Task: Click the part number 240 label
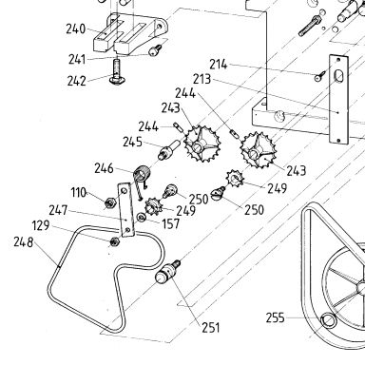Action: click(x=76, y=29)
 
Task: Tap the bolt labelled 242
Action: click(x=117, y=72)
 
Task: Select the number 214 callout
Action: click(x=219, y=65)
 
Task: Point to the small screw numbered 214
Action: click(x=320, y=76)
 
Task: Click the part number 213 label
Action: click(x=202, y=79)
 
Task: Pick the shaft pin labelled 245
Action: click(x=168, y=149)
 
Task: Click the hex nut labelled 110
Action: click(x=109, y=202)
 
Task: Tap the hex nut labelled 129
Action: click(x=114, y=242)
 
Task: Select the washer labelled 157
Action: click(x=141, y=218)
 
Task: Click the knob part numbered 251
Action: click(x=167, y=272)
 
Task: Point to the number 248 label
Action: click(x=23, y=242)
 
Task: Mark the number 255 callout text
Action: click(x=275, y=317)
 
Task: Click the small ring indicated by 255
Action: click(x=328, y=319)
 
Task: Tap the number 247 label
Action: click(x=58, y=210)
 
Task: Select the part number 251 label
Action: click(x=211, y=327)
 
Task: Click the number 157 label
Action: click(x=171, y=223)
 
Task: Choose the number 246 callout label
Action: click(x=104, y=168)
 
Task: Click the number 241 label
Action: click(x=77, y=59)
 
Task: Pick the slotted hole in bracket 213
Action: click(x=338, y=76)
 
